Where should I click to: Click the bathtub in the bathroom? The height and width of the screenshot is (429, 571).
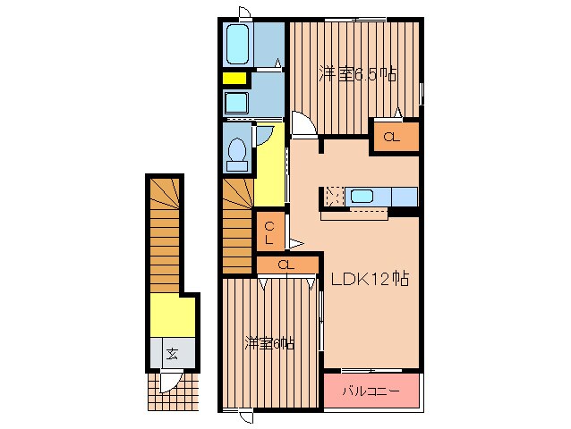point(237,45)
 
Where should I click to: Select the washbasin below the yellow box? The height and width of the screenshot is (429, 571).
point(236,104)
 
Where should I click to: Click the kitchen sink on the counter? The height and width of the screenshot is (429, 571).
point(362,197)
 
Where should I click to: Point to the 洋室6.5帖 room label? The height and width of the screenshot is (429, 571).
point(357,74)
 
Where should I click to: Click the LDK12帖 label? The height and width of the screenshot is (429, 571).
point(370,279)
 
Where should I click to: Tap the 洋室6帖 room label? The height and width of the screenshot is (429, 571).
point(269,343)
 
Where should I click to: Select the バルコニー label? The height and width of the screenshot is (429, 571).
point(371,391)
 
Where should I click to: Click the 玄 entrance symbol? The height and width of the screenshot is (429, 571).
point(172,353)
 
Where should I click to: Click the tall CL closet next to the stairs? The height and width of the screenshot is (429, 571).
point(270,231)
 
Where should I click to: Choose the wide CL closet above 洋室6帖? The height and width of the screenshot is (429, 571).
point(287,265)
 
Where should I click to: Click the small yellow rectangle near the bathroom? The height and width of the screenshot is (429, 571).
point(234,78)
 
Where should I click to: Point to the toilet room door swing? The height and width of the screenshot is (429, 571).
point(264,136)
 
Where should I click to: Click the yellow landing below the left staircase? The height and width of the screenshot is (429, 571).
point(172,315)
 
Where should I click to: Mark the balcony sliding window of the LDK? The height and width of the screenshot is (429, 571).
point(371,371)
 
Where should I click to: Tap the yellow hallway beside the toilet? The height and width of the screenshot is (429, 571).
point(269,171)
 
